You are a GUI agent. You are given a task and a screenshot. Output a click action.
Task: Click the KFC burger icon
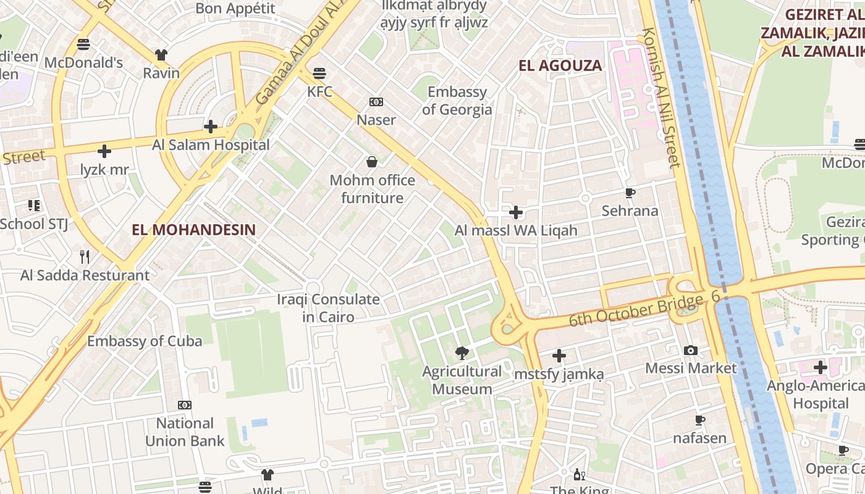(319, 73)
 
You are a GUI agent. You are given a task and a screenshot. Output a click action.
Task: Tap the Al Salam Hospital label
(211, 145)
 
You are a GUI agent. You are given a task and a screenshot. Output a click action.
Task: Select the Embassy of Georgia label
(457, 101)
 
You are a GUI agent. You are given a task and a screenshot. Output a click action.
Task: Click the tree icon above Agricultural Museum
(461, 353)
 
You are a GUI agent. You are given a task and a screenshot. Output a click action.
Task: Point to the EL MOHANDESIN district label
(193, 230)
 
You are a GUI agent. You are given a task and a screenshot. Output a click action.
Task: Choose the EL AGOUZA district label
(560, 65)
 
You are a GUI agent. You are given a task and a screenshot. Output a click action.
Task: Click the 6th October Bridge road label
(636, 311)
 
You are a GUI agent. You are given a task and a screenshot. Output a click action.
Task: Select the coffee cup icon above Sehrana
(630, 193)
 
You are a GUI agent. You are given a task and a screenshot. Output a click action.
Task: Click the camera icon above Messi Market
(691, 351)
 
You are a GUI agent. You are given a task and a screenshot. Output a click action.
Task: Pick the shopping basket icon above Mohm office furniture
(372, 162)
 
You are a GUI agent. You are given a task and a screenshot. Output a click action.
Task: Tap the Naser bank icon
(376, 102)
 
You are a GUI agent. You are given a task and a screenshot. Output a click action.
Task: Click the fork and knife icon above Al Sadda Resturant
(85, 257)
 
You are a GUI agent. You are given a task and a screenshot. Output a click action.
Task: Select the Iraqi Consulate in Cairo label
(328, 308)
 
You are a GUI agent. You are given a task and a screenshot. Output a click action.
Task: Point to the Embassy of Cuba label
(145, 341)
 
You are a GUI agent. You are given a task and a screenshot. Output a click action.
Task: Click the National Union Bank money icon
(184, 405)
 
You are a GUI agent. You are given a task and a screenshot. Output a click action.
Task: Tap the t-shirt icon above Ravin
(161, 55)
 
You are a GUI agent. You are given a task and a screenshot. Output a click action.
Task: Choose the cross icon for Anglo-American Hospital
(820, 368)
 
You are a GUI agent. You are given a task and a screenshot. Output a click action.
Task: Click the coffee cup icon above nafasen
(699, 421)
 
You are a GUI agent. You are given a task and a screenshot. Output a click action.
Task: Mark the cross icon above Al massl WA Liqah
(515, 212)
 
